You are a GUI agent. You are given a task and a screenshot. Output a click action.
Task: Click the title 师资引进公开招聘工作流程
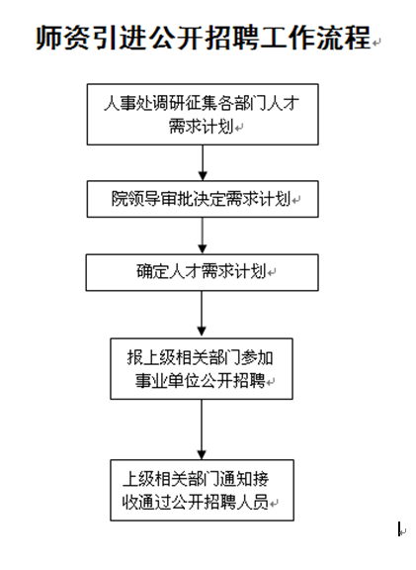click(x=204, y=38)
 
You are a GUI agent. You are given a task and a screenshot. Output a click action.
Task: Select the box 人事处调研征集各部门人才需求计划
click(x=203, y=115)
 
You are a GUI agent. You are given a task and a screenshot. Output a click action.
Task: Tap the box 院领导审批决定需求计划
click(x=203, y=199)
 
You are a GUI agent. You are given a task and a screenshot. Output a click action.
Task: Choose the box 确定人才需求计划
click(x=203, y=273)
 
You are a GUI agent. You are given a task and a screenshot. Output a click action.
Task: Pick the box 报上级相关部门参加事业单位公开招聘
click(x=202, y=369)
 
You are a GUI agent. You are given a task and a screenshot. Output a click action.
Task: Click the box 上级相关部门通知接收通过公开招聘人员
click(x=202, y=490)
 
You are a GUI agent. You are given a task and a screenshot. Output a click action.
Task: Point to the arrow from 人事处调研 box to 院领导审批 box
click(x=203, y=163)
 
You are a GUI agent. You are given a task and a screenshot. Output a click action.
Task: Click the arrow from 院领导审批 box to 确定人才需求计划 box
click(x=203, y=236)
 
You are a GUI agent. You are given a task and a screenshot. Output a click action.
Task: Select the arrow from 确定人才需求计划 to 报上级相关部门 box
click(x=202, y=315)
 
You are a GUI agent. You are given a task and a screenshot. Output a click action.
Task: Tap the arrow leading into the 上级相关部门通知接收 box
click(x=202, y=429)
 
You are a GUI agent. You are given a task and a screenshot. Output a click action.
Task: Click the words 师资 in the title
click(x=63, y=38)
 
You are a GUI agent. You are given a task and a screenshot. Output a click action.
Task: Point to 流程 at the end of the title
click(x=344, y=38)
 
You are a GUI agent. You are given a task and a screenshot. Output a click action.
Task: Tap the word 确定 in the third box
click(x=152, y=271)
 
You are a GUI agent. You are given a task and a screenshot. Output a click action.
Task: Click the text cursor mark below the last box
click(x=399, y=528)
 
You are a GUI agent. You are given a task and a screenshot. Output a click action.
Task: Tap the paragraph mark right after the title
click(x=376, y=43)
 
